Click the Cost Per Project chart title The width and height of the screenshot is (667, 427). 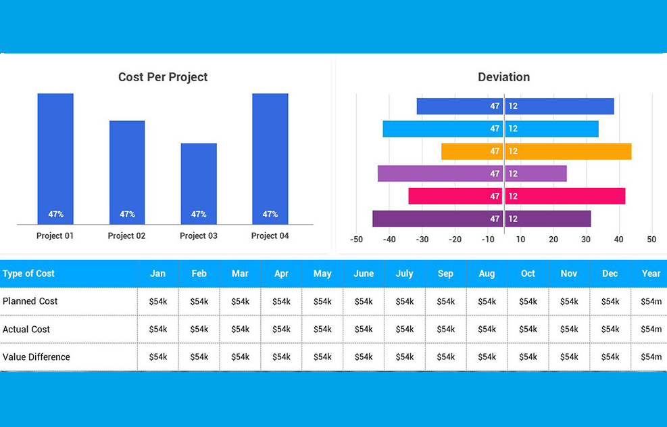coord(163,77)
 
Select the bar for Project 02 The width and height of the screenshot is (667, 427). coord(127,172)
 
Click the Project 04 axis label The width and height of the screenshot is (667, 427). coord(270,236)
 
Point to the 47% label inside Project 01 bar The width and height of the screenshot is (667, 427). coord(55,215)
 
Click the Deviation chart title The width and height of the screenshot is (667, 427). coord(503,77)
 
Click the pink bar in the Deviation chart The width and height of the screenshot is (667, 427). coord(516,196)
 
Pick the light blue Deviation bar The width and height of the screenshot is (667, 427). coord(490,129)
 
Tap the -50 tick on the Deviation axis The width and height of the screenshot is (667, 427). coord(357,240)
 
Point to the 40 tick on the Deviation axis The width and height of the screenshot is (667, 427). coord(618,240)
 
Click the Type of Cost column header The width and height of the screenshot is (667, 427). coord(29,273)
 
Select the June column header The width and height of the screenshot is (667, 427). coord(364,273)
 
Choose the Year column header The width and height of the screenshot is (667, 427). coord(651,273)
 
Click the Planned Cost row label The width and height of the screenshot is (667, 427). coord(30,301)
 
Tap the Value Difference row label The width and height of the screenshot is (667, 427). coord(36,357)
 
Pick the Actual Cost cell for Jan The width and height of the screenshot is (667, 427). coord(157,329)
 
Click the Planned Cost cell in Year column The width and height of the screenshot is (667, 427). coord(651,301)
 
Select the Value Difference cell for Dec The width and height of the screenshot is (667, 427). coord(610,357)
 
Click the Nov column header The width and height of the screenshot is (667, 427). coord(569,273)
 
